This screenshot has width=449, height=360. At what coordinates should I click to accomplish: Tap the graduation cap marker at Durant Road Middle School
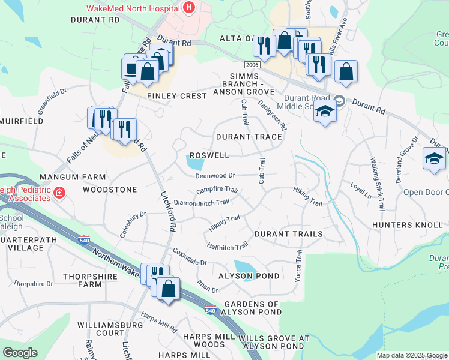(x=324, y=113)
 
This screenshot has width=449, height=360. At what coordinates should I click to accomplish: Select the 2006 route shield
(x=252, y=64)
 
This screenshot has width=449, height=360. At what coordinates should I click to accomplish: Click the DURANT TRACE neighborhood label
(x=249, y=137)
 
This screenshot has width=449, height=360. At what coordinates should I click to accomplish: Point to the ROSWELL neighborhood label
(x=209, y=155)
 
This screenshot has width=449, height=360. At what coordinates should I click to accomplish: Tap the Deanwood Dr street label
(x=214, y=176)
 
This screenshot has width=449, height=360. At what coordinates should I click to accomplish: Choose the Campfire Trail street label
(x=217, y=191)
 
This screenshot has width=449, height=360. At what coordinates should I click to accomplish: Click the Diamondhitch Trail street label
(x=201, y=203)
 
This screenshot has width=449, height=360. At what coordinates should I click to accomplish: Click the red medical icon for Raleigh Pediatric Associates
(x=59, y=193)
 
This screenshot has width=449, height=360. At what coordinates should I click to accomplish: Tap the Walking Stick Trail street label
(x=377, y=184)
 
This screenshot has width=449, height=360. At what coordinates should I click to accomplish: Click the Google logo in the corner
(x=20, y=353)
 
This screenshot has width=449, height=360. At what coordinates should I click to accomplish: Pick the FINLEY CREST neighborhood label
(x=173, y=96)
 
